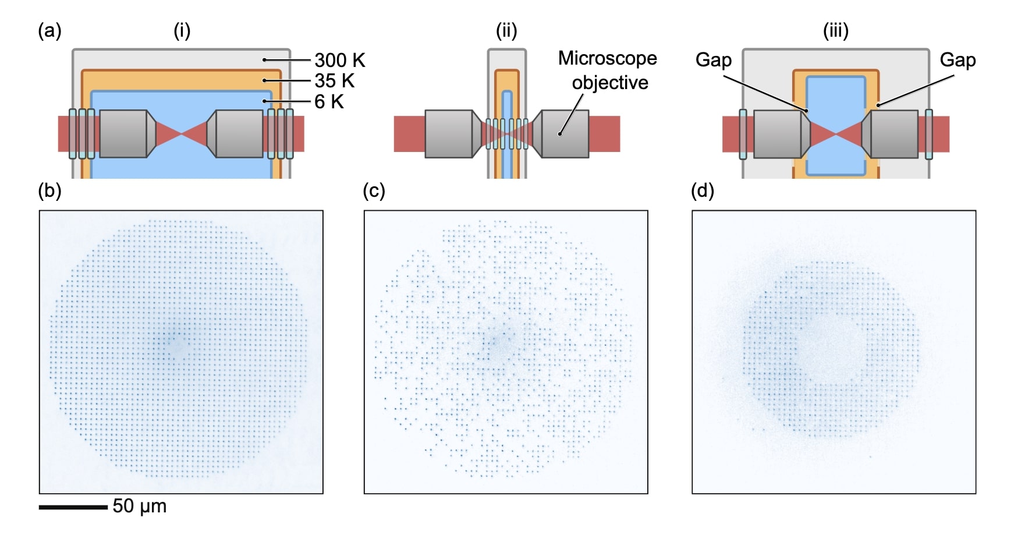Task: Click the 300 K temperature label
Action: click(339, 61)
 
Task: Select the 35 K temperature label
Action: click(334, 81)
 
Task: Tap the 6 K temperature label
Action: click(329, 102)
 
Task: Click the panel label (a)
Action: click(49, 30)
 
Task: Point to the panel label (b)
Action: click(49, 191)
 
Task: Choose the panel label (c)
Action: click(374, 191)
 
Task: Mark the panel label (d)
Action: click(702, 191)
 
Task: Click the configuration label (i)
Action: click(182, 30)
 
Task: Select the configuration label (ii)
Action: click(506, 30)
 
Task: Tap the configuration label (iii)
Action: click(835, 30)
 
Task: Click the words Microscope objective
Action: click(608, 70)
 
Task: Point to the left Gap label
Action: click(713, 60)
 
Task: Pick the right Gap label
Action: click(958, 60)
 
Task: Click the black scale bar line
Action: click(73, 507)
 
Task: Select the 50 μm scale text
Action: click(139, 506)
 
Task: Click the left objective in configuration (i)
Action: click(123, 134)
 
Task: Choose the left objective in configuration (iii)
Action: click(778, 134)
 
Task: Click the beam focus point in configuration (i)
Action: click(182, 134)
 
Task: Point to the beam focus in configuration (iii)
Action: click(836, 134)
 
